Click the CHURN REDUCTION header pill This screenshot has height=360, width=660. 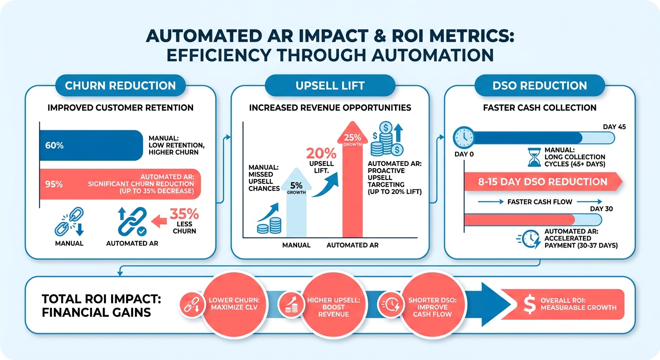[x=120, y=85]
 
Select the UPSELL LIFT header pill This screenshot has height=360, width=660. [x=330, y=85]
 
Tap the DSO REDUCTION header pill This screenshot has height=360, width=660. [x=540, y=85]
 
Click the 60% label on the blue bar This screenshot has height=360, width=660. [x=54, y=145]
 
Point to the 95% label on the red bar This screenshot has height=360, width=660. [x=54, y=184]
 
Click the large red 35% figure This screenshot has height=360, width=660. [x=184, y=214]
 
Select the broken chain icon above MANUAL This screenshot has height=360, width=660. [x=69, y=222]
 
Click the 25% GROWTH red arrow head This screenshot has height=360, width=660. [x=352, y=133]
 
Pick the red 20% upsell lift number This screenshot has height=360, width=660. [x=321, y=153]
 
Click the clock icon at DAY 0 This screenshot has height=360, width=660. [x=464, y=137]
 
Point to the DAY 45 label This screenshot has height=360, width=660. [x=615, y=127]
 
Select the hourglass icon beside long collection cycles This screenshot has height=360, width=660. [x=534, y=157]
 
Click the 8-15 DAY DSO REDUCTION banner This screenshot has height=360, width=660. [x=543, y=182]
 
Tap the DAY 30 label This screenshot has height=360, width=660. [x=601, y=209]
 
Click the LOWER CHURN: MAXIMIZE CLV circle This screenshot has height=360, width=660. [x=234, y=304]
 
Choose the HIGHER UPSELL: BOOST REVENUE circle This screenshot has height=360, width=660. [x=334, y=304]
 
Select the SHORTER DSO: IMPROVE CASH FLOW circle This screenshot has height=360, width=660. [x=432, y=304]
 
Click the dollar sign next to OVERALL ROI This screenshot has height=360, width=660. [x=530, y=304]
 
